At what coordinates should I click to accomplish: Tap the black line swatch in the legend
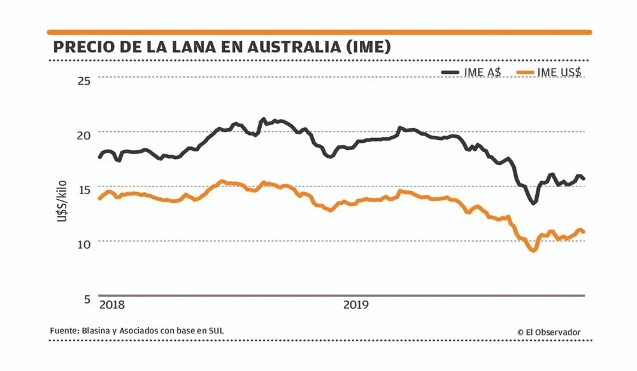(x=451, y=72)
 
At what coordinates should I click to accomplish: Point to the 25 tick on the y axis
(x=84, y=80)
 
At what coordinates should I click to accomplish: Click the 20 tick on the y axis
(x=84, y=134)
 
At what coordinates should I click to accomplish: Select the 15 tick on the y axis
(x=84, y=189)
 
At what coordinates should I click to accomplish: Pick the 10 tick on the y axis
(x=84, y=244)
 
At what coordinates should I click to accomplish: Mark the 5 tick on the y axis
(x=87, y=298)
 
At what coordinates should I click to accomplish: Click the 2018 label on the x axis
(x=112, y=305)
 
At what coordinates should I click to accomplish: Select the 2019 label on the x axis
(x=356, y=305)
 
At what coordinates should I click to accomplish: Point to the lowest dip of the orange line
(x=533, y=250)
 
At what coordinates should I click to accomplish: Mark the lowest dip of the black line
(x=533, y=202)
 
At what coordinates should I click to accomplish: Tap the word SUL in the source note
(x=217, y=331)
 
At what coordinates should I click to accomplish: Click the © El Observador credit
(x=548, y=332)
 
